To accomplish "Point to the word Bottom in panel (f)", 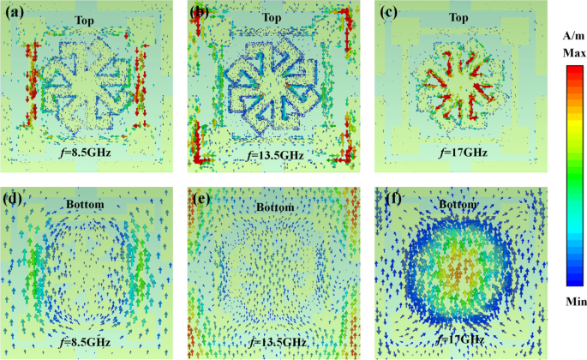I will pyautogui.click(x=459, y=206).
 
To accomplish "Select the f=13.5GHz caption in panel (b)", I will pyautogui.click(x=273, y=157).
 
